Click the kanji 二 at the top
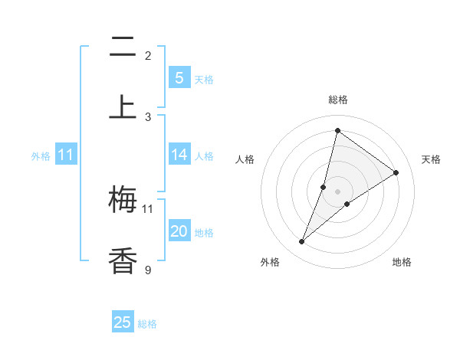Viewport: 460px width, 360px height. [123, 47]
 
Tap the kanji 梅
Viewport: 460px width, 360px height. [123, 201]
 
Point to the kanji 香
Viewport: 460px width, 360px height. [123, 260]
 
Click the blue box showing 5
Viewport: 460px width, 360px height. [179, 77]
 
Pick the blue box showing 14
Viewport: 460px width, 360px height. [179, 155]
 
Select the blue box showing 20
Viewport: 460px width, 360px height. [179, 231]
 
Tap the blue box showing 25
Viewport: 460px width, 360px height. [123, 322]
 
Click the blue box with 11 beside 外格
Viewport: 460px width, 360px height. [65, 155]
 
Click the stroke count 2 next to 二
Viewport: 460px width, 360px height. [147, 56]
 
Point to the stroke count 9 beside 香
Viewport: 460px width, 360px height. [147, 269]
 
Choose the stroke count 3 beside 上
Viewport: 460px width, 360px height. [147, 116]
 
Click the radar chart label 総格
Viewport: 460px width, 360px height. [337, 100]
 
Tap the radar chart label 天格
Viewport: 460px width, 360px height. [432, 159]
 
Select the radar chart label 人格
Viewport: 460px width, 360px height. [245, 159]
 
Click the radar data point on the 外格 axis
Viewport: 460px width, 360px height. [302, 242]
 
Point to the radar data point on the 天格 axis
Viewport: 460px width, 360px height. [396, 172]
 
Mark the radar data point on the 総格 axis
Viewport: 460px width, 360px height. [337, 130]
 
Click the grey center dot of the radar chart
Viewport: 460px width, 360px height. [337, 191]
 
